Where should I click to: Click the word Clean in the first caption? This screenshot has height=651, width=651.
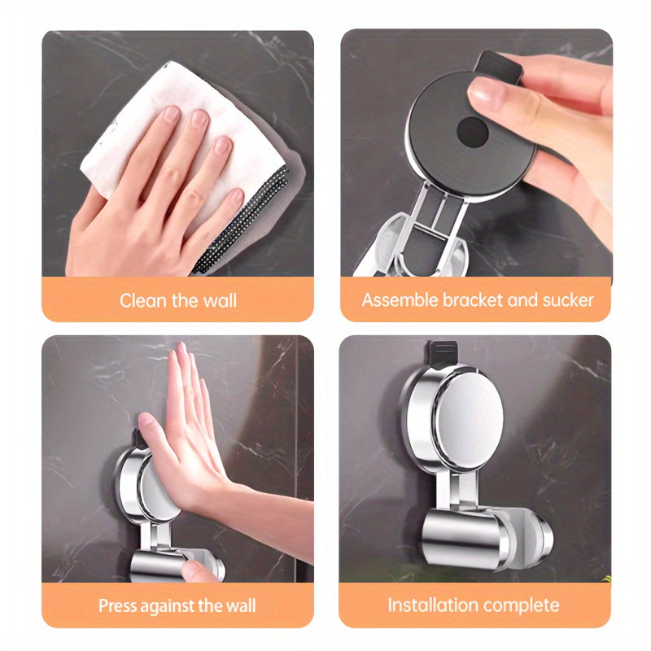(x=144, y=300)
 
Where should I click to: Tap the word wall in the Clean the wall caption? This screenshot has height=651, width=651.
(x=220, y=300)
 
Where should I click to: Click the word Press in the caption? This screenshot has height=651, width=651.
(x=117, y=605)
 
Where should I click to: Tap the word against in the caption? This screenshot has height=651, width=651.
(x=168, y=606)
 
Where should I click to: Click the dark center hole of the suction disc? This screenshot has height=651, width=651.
(x=472, y=132)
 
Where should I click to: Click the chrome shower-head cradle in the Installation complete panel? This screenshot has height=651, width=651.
(x=487, y=536)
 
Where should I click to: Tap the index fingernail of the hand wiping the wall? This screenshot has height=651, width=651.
(x=171, y=113)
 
